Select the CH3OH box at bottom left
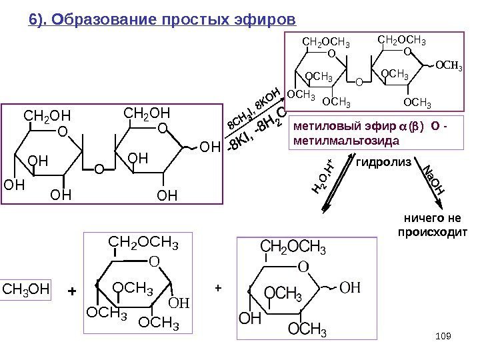(27, 290)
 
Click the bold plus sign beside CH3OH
(73, 291)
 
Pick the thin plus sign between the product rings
(215, 288)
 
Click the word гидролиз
(384, 162)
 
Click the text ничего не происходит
(434, 225)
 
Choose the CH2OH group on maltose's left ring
(47, 118)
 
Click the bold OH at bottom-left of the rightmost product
(249, 319)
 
